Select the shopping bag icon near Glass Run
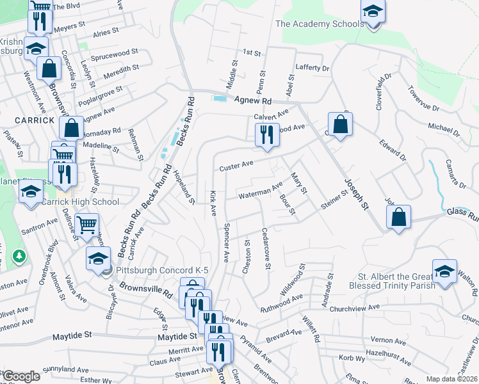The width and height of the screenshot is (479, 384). point(399,216)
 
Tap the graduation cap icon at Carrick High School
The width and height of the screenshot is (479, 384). point(30,192)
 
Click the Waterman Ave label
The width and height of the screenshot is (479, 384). point(260,191)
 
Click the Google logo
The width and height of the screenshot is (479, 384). point(20,376)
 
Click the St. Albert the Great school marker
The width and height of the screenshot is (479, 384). point(444,271)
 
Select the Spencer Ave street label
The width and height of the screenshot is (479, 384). point(226,242)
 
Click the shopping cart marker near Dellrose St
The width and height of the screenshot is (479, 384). point(87,224)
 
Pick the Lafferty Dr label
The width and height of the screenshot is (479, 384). point(313,68)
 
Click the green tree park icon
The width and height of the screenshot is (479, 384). point(20,256)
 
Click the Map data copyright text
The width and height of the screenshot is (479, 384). point(452,379)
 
